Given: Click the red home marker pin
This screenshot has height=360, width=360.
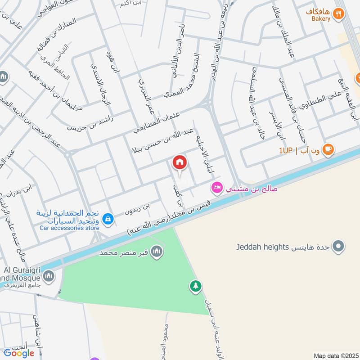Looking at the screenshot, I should [180, 162].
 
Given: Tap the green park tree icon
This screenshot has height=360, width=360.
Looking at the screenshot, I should [195, 286].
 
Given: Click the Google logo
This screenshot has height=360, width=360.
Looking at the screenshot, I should [19, 353].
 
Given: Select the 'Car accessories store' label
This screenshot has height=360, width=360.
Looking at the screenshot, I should [69, 228].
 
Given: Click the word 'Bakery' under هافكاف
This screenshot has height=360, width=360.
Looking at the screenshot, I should [321, 19].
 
